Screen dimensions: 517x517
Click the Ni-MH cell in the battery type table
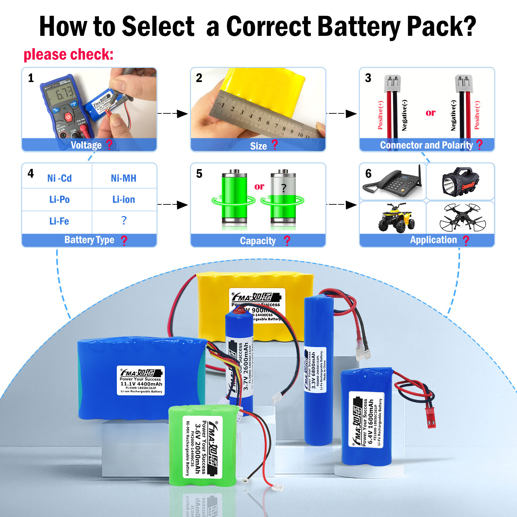123,178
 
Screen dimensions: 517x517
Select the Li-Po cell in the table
59,200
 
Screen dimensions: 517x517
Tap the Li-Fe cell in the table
59,221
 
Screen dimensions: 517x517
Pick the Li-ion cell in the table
123,200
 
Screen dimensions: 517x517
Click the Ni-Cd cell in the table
59,178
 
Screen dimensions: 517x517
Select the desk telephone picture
393,181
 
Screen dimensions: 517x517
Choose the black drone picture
462,217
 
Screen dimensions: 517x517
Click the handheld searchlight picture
460,181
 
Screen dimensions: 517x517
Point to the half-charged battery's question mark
284,188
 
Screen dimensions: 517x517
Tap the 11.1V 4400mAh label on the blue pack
141,381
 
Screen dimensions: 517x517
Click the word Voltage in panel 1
86,145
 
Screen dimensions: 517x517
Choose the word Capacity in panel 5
258,241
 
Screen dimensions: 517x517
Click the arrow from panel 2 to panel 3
342,113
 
